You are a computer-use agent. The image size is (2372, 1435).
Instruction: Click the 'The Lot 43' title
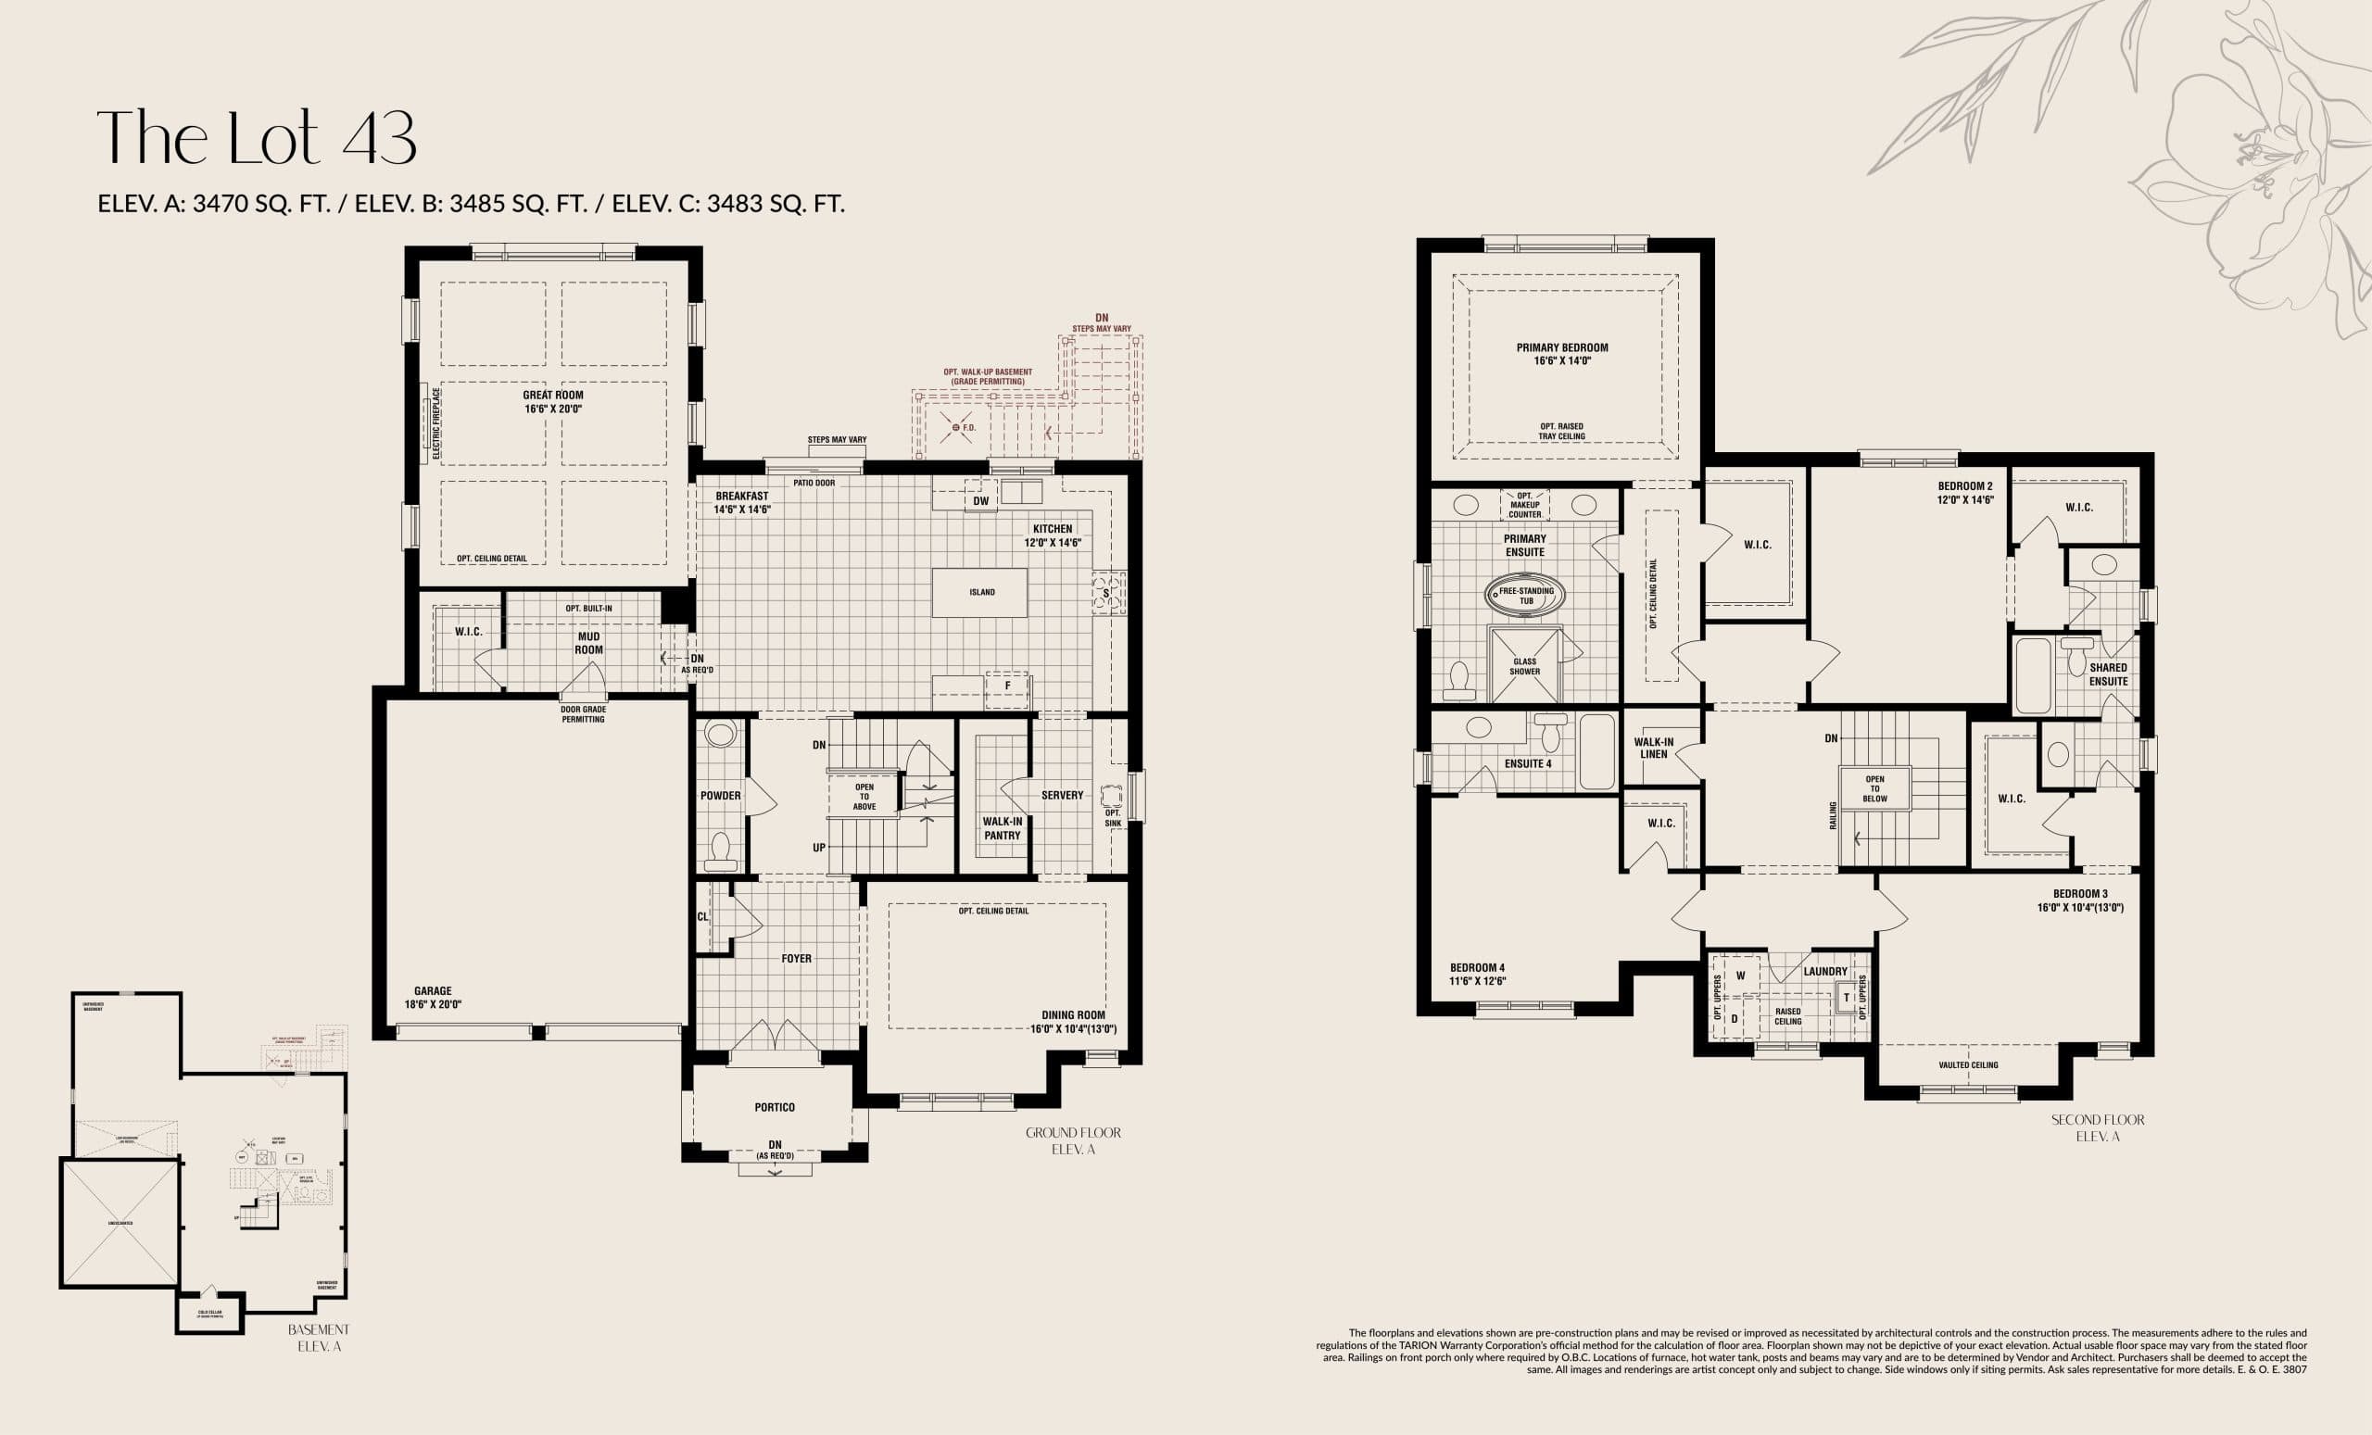(x=256, y=138)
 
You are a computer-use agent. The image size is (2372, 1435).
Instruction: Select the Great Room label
(x=552, y=396)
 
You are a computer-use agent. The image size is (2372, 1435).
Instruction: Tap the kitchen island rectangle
(x=979, y=592)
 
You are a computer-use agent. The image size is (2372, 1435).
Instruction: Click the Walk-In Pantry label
(x=1002, y=828)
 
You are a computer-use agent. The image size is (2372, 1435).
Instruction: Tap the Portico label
(x=774, y=1108)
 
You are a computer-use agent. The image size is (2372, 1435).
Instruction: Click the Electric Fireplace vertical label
(x=435, y=422)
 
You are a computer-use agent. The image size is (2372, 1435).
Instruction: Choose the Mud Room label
(x=588, y=643)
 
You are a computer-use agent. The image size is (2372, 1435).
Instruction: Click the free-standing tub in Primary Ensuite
(x=1526, y=595)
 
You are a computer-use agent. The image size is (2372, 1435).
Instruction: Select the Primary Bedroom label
(x=1561, y=348)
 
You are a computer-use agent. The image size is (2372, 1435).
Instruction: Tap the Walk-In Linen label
(x=1653, y=748)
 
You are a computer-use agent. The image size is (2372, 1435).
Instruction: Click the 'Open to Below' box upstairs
(x=1874, y=788)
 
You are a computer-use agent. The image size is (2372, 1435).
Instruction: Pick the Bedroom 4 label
(x=1477, y=968)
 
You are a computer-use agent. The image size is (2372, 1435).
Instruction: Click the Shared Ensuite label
(x=2107, y=673)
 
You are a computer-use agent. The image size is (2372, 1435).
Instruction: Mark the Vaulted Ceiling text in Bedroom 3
(x=1968, y=1064)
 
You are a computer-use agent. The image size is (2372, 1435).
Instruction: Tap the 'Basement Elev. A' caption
(x=319, y=1338)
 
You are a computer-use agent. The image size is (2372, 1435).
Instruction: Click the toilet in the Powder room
(x=719, y=849)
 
